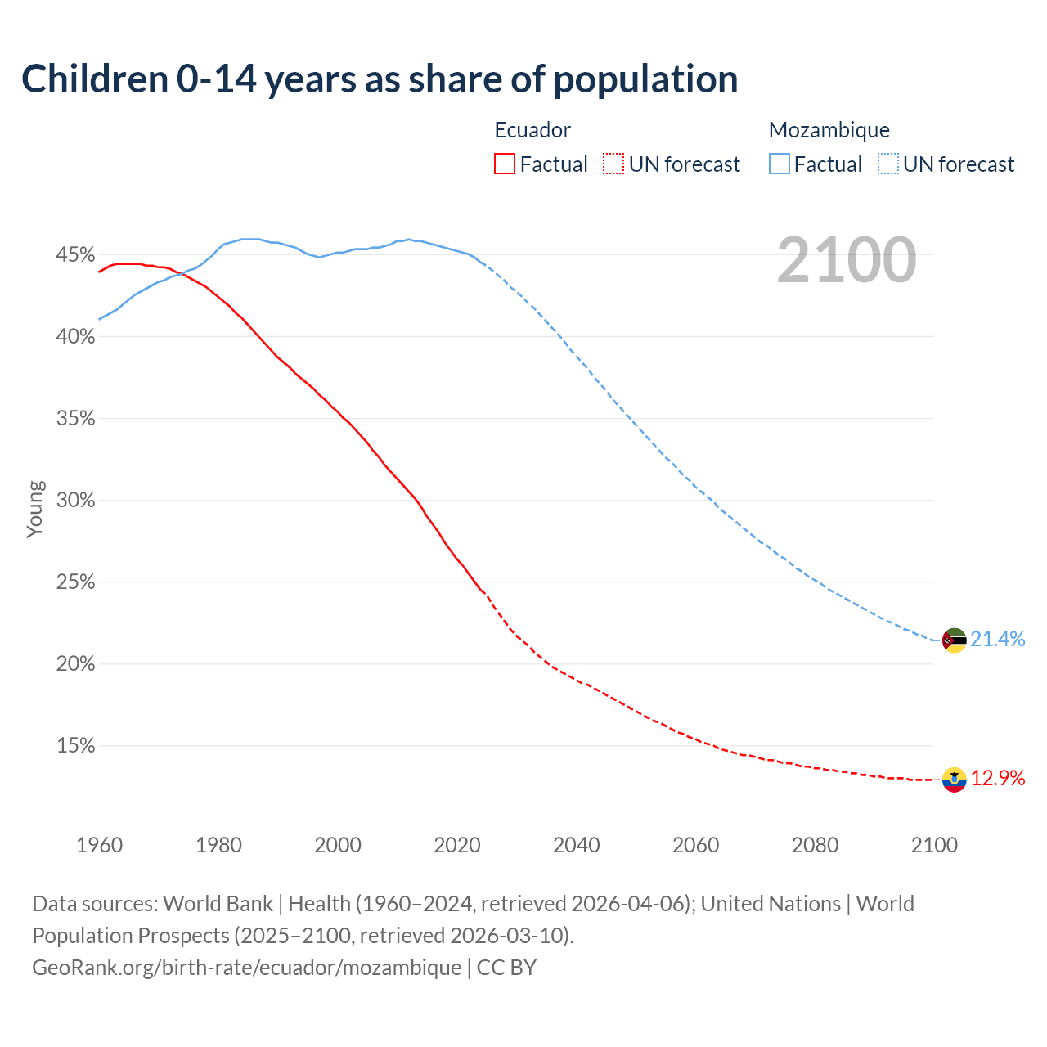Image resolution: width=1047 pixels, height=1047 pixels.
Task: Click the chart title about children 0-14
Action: [x=380, y=79]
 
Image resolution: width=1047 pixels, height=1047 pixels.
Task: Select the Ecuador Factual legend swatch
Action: [x=505, y=164]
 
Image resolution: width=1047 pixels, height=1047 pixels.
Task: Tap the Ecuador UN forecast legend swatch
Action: [x=613, y=164]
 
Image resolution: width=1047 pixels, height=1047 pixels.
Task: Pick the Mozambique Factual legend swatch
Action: [x=779, y=164]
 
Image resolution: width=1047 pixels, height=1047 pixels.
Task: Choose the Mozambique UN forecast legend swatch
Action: [x=888, y=164]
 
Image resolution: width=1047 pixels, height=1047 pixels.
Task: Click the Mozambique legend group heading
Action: [x=829, y=130]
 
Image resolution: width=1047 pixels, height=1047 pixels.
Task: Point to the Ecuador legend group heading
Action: [x=532, y=130]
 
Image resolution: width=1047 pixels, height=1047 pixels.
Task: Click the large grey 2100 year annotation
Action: [x=846, y=260]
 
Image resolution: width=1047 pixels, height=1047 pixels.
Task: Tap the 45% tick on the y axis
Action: [x=75, y=255]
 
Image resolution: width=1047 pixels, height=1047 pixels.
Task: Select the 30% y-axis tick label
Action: [x=75, y=501]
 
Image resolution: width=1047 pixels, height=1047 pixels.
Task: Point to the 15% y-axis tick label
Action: [x=75, y=746]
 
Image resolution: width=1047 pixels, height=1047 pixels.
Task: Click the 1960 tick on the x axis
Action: [x=99, y=845]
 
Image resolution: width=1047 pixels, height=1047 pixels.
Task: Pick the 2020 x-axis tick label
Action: [x=457, y=845]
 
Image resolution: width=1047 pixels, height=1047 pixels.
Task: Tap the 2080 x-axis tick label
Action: [x=815, y=845]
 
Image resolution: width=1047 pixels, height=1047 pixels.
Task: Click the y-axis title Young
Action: [x=35, y=509]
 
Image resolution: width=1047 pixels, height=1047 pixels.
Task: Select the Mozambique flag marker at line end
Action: [x=954, y=640]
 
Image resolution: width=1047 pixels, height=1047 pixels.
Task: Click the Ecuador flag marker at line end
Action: [x=954, y=780]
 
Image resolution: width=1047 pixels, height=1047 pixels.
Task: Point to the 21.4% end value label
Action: [x=998, y=640]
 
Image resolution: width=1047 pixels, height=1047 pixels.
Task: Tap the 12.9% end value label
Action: [x=998, y=779]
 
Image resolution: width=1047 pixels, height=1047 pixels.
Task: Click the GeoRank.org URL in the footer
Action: [x=246, y=968]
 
